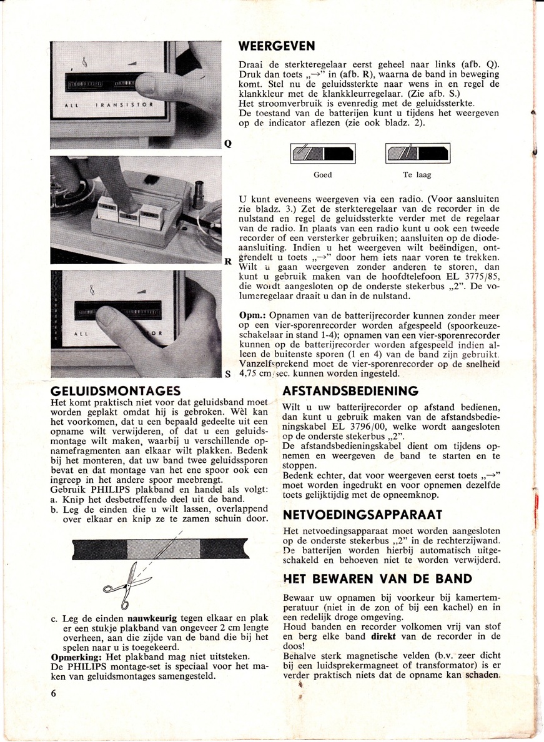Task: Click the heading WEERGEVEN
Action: click(277, 46)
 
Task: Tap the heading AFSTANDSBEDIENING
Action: click(350, 392)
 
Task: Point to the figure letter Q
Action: click(229, 142)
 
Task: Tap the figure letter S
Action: click(229, 375)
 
